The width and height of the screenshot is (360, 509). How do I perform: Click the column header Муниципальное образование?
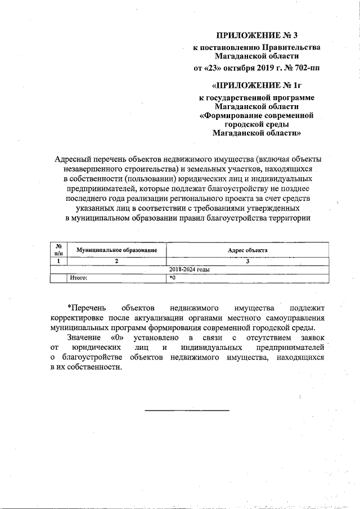tap(116, 249)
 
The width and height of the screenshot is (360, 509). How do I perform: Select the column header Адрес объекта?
tap(247, 249)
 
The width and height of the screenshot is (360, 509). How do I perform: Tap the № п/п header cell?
tap(58, 249)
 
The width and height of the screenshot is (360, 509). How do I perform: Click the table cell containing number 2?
tap(116, 261)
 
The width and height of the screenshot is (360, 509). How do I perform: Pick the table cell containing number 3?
tap(247, 261)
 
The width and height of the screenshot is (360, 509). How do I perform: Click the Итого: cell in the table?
tap(79, 277)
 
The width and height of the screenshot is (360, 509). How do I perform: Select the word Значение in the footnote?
tap(84, 337)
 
